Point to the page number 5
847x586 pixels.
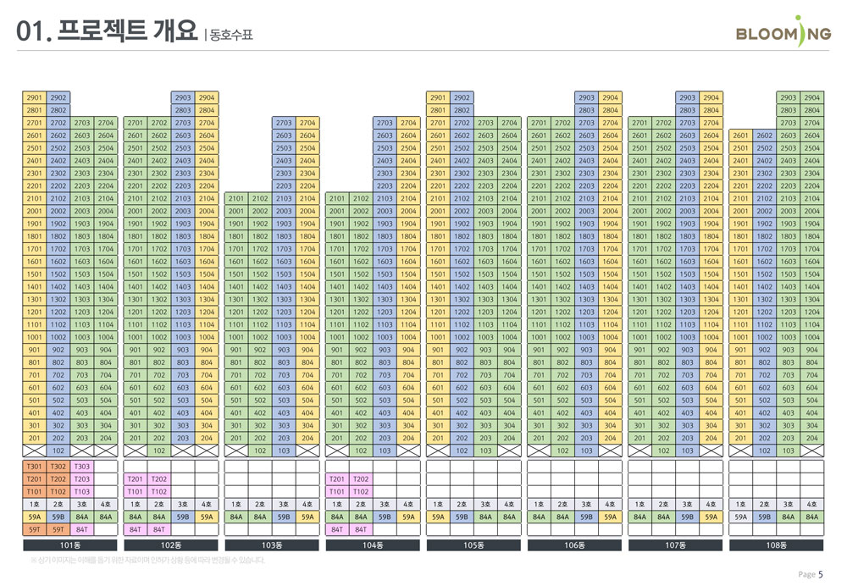(x=820, y=574)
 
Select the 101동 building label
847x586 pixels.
(x=69, y=545)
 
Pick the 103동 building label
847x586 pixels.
(x=271, y=545)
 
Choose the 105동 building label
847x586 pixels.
(x=473, y=545)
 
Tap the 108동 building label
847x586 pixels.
(x=777, y=545)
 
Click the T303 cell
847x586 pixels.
(x=82, y=467)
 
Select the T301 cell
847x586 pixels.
(x=35, y=467)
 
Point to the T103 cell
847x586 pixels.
(x=82, y=491)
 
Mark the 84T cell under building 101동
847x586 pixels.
(x=82, y=529)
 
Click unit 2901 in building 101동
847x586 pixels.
(x=35, y=98)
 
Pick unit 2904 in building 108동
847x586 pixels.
(x=812, y=98)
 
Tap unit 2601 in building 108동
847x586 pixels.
(x=741, y=135)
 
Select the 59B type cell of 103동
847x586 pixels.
(x=284, y=517)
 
